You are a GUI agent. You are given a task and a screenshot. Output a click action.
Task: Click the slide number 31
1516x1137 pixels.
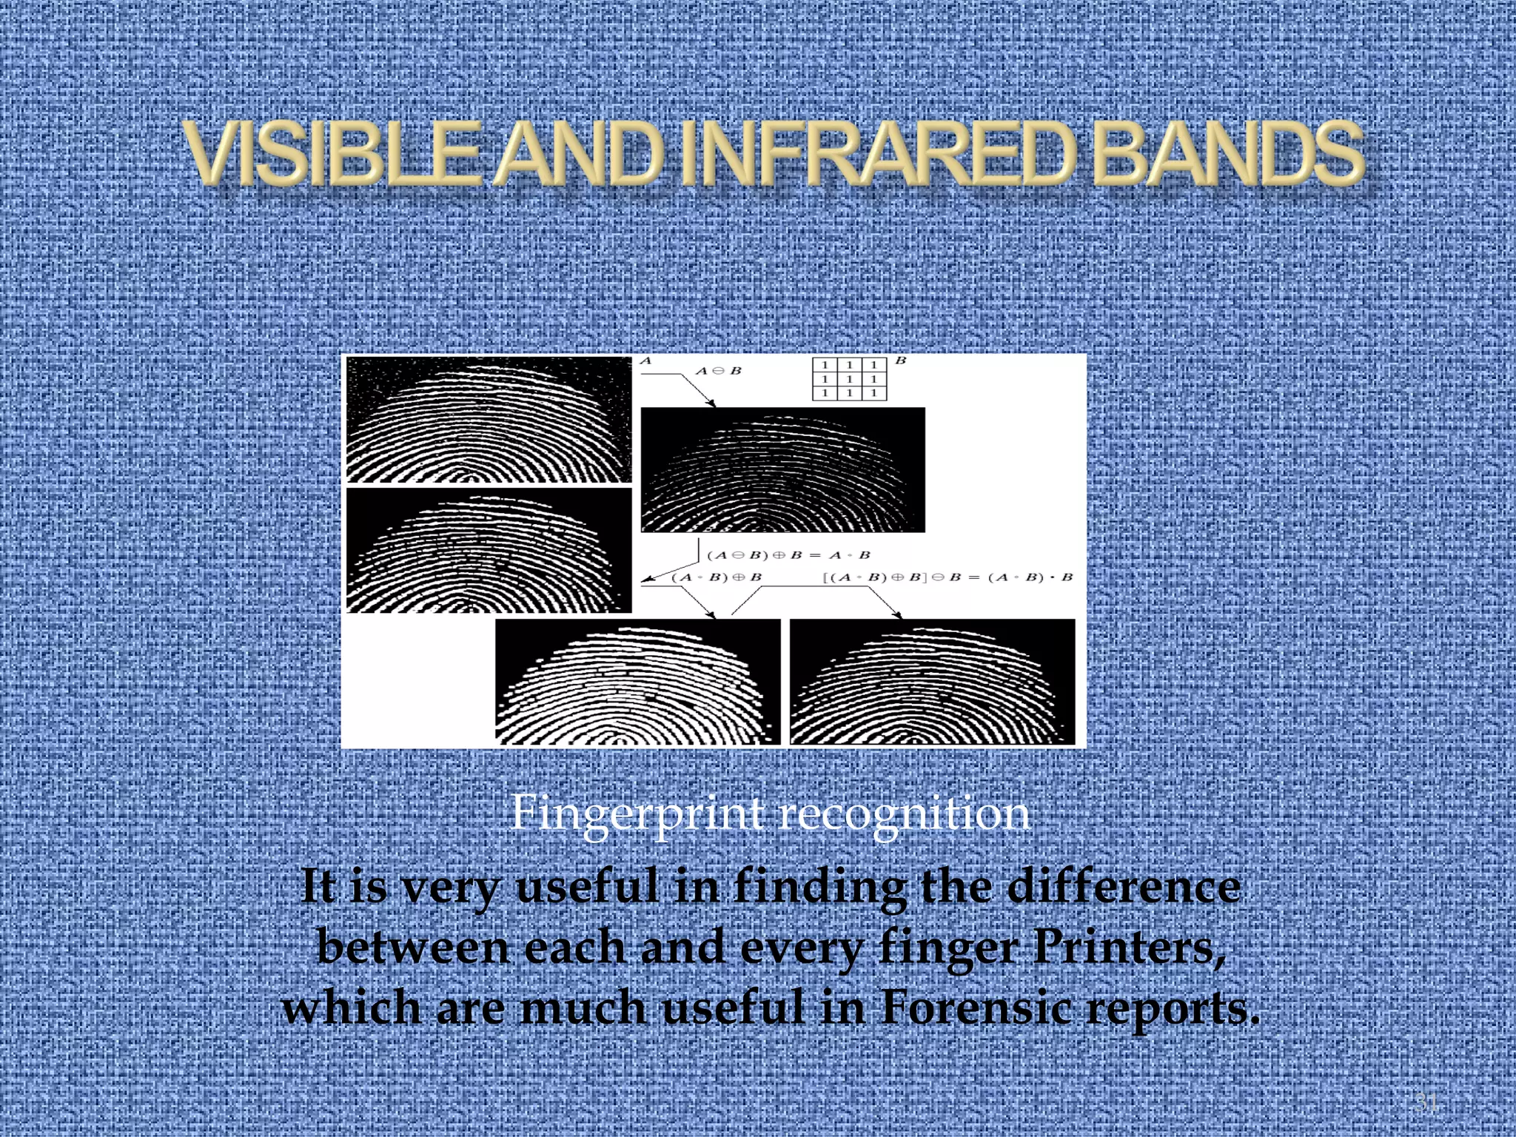tap(1426, 1102)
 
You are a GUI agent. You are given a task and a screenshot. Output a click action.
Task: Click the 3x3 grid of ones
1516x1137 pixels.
tap(849, 379)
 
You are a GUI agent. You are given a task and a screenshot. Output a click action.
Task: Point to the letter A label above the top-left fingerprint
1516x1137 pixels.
tap(645, 360)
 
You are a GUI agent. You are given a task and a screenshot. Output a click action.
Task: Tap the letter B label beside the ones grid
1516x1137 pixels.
tap(901, 360)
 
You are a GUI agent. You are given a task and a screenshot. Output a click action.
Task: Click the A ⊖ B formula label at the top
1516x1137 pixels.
tap(718, 370)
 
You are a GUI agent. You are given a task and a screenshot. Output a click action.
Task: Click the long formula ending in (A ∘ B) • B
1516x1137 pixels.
tap(947, 577)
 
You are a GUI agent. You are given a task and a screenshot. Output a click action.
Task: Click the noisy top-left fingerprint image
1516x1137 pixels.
tap(489, 419)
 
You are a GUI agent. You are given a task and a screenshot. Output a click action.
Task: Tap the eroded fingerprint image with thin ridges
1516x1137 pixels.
tap(782, 469)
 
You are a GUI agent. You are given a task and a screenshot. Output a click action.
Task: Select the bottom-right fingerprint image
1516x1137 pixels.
tap(932, 682)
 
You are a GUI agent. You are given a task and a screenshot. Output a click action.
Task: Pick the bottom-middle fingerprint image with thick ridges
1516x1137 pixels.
tap(637, 682)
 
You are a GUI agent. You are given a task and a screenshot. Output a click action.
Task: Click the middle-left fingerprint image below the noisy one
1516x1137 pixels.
tap(489, 550)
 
